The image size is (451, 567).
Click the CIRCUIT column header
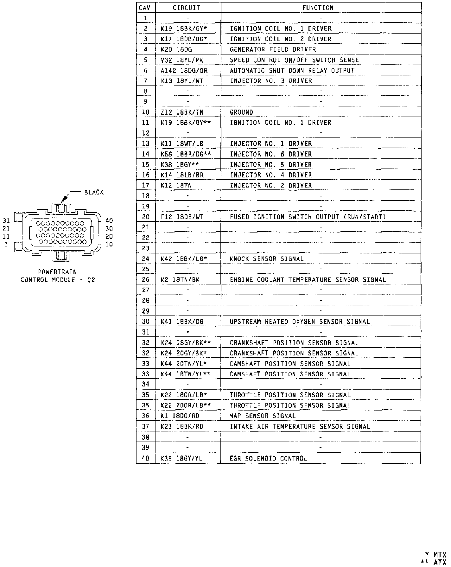coord(186,8)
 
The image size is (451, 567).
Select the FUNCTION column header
coord(318,8)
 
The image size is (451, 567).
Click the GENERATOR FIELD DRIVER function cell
coord(273,49)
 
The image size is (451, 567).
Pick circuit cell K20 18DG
coord(176,49)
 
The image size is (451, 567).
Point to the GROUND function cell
coord(241,112)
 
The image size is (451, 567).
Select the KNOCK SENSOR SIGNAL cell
coord(266,259)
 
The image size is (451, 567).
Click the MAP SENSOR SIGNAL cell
coord(263,416)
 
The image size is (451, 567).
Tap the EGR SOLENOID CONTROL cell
coord(268,458)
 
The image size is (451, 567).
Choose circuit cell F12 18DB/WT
coord(182,217)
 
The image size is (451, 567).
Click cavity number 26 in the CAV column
coord(145,280)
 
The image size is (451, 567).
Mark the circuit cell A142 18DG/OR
coord(184,71)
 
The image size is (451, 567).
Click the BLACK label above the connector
coord(94,192)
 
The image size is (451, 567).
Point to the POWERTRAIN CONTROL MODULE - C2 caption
coord(58,276)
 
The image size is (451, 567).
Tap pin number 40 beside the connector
coord(109,221)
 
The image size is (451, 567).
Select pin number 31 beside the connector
coord(6,221)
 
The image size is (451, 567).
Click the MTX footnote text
coord(439,554)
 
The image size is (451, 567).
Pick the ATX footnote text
coord(439,562)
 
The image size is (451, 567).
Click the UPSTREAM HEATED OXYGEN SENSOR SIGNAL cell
coord(300,322)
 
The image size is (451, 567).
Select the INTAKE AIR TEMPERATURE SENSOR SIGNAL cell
coord(300,426)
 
